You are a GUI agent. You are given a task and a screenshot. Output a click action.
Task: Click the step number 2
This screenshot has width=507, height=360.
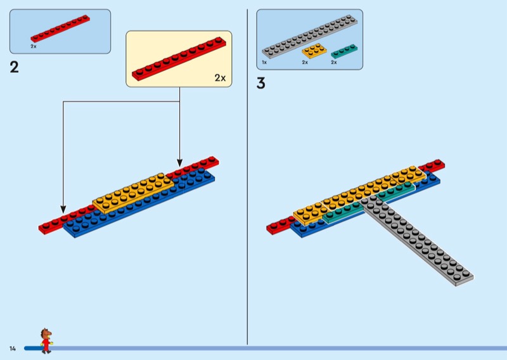(x=14, y=67)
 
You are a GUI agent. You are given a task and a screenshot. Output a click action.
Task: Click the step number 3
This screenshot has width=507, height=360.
(x=260, y=83)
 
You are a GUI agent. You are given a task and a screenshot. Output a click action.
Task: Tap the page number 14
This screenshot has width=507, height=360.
(x=12, y=349)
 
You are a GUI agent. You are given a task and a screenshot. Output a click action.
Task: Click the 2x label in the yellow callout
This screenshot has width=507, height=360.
(x=219, y=78)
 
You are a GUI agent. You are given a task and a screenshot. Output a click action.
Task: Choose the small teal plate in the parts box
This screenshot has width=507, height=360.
(x=343, y=51)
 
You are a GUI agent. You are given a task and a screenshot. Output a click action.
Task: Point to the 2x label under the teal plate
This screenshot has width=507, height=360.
(x=333, y=62)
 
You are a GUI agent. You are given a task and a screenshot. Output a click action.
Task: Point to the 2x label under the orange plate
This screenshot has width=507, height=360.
(x=305, y=62)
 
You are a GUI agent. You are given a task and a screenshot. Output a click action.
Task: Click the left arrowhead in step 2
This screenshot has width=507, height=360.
(x=62, y=209)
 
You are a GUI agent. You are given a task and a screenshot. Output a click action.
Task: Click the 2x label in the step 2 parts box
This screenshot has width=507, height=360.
(x=34, y=47)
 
